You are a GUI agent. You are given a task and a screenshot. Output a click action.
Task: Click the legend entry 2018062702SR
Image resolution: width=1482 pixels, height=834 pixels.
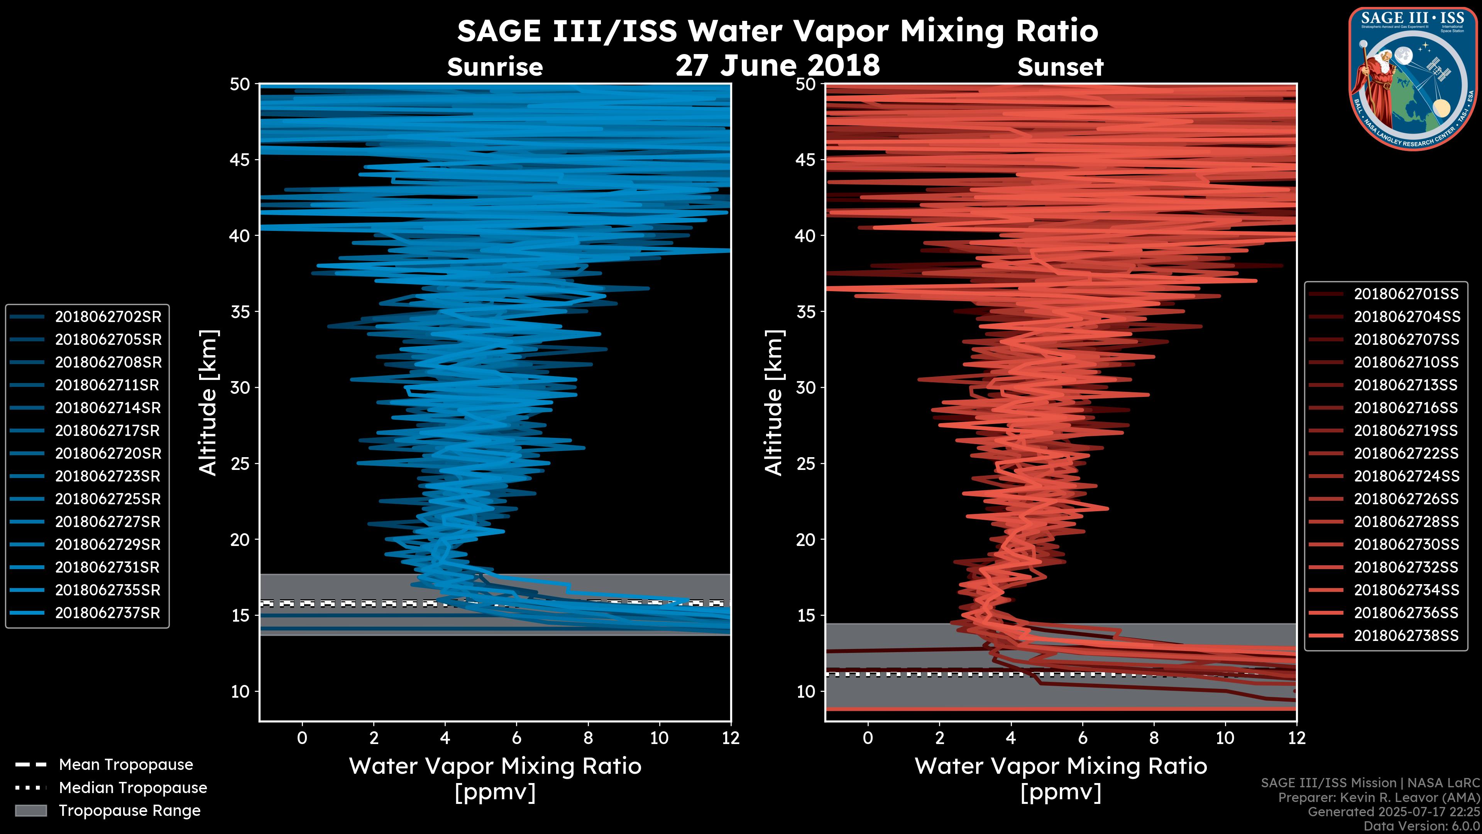108,317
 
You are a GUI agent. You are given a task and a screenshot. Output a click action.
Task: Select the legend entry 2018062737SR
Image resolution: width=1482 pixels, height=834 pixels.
108,613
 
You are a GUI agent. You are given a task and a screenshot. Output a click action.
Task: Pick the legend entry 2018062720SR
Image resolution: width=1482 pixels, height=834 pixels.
108,454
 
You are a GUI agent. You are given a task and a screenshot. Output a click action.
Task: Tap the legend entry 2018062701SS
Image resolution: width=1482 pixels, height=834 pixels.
1406,294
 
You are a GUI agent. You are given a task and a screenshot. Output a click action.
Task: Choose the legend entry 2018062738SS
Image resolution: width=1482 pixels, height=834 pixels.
1406,636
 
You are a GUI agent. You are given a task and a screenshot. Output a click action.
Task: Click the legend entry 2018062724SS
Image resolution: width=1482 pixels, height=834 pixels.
1406,476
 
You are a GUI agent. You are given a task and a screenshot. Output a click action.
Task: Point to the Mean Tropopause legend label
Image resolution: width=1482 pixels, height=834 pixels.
126,764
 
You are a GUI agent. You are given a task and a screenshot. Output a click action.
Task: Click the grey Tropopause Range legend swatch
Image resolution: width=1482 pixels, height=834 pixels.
30,810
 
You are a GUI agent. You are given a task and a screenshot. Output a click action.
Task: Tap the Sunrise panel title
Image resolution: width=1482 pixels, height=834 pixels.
495,67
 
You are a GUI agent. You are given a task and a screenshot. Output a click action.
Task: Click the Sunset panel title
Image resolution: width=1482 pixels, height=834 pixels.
1060,67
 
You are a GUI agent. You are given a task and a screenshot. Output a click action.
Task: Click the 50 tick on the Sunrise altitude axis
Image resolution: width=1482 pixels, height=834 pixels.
240,85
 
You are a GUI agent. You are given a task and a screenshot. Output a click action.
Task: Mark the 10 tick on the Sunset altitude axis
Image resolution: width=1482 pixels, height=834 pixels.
805,691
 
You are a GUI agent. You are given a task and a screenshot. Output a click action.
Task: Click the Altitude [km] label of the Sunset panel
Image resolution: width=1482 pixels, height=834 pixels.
774,402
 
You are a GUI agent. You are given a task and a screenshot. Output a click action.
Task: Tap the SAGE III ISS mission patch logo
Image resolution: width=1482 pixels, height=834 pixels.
1413,79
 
